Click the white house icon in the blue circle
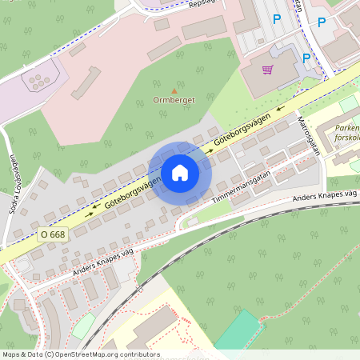click(180, 173)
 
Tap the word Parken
click(346, 127)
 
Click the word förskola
click(348, 137)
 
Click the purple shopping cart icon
click(267, 70)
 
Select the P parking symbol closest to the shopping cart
click(306, 58)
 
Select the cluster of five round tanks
click(37, 81)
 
